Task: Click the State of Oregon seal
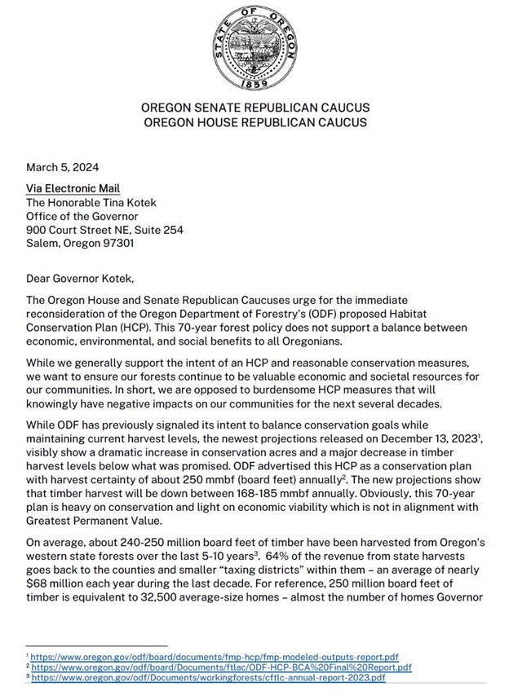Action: pos(254,46)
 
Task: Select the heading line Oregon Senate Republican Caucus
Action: pos(254,108)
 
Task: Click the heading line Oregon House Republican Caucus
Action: pos(254,122)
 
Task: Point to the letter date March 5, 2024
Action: pos(63,168)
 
